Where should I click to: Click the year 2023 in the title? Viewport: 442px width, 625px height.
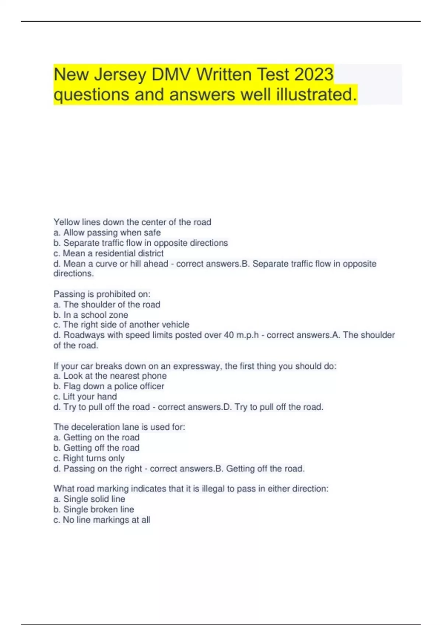pos(313,75)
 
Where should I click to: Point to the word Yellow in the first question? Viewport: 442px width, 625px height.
pos(67,222)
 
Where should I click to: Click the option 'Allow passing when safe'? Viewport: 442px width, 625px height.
pos(112,232)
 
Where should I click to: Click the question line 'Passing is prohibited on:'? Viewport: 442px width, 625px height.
pos(102,294)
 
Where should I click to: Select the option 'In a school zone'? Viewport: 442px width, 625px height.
pos(95,315)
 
